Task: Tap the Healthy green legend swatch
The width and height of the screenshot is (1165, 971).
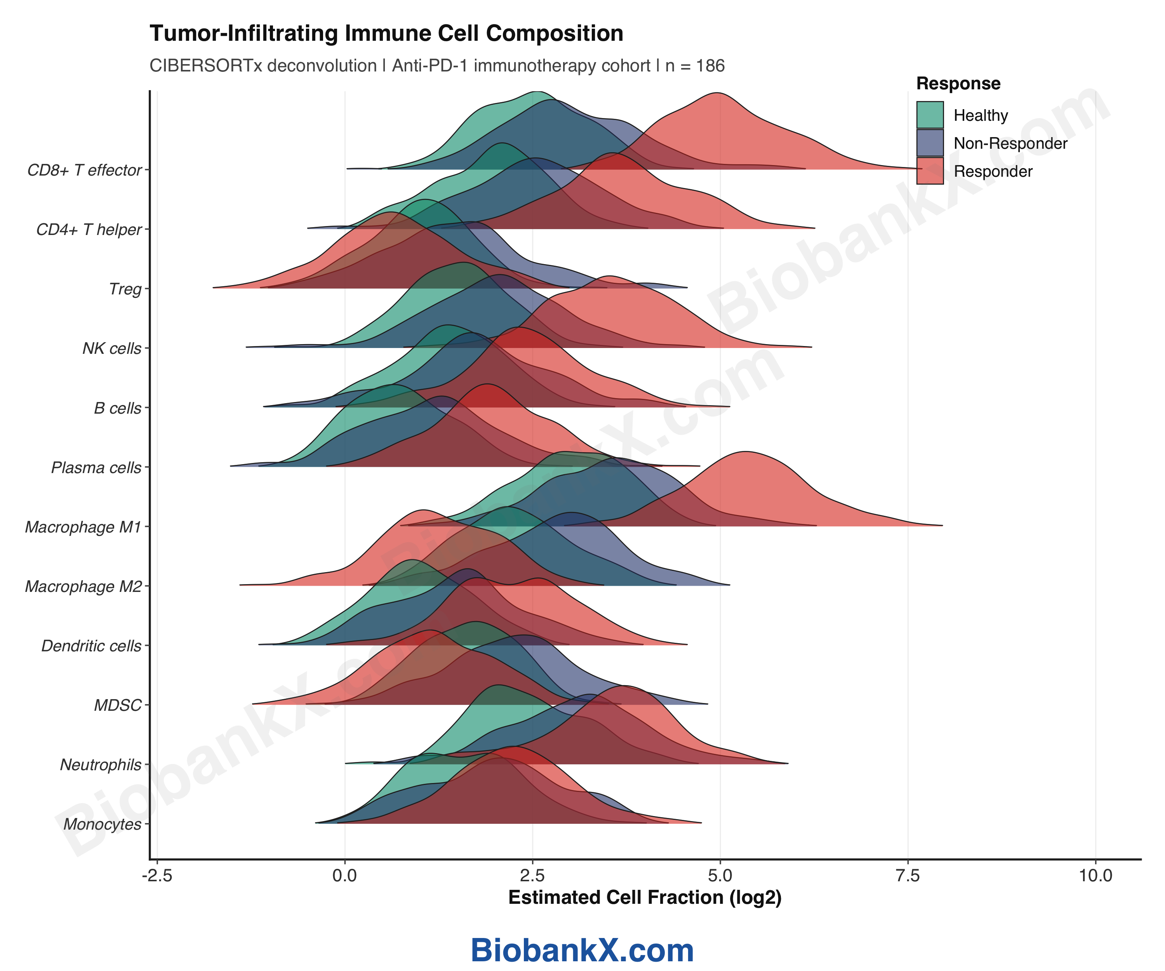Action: [930, 115]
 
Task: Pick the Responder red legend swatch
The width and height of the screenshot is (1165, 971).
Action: [930, 171]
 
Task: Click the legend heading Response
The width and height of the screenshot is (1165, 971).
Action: [958, 83]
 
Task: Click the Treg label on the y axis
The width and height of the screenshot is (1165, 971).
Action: [125, 289]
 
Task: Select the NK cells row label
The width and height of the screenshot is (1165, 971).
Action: [112, 348]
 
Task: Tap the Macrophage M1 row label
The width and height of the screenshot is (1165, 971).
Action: [83, 527]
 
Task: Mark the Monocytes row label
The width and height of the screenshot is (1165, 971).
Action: [102, 824]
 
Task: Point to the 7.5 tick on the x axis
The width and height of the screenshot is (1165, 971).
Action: [908, 875]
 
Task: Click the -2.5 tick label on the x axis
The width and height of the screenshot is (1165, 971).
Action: [157, 875]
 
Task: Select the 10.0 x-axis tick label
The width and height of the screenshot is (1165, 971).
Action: [1095, 875]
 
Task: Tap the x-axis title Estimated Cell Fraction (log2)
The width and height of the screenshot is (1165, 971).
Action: [645, 897]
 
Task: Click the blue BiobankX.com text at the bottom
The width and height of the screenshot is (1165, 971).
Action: [582, 950]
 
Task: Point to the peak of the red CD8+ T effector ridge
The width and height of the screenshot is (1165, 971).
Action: [718, 93]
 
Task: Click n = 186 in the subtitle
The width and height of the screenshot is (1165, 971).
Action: [695, 66]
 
